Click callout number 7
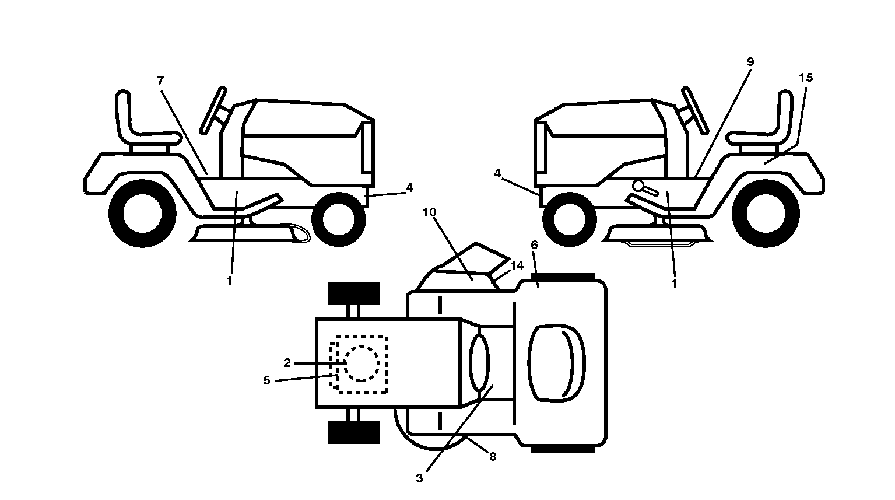160,81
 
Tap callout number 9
750,62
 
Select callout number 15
806,78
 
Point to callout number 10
430,212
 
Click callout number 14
517,265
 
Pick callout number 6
535,244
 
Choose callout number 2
287,363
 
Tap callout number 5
266,380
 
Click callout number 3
419,478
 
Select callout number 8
493,457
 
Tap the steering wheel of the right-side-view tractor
695,110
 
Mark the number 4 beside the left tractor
409,187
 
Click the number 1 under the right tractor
674,284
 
